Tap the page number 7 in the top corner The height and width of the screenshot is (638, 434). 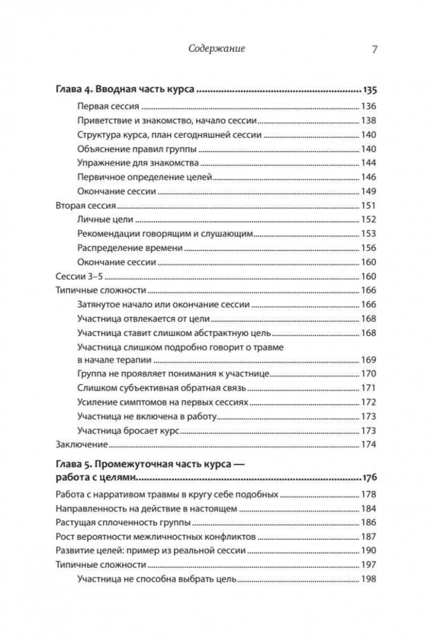(374, 48)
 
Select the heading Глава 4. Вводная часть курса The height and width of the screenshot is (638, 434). (125, 90)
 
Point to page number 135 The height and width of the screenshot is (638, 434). (368, 90)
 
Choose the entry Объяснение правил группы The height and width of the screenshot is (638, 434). (137, 149)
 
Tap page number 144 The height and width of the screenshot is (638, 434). (368, 163)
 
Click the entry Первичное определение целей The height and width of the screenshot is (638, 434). (144, 177)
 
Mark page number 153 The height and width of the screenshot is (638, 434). (368, 233)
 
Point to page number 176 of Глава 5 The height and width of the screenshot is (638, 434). (368, 477)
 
